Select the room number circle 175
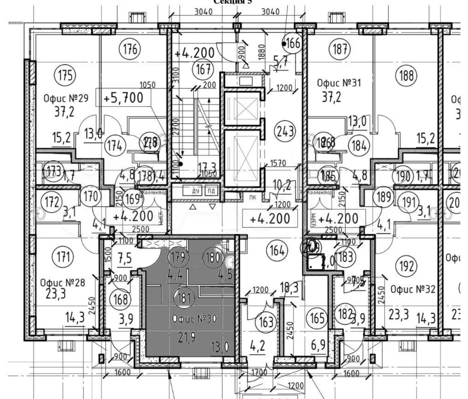click(65, 75)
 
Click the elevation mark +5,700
click(123, 98)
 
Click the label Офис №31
click(339, 83)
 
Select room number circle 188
click(407, 76)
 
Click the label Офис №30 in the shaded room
click(195, 319)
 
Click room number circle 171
click(63, 257)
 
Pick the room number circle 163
click(266, 321)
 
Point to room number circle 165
click(317, 318)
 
